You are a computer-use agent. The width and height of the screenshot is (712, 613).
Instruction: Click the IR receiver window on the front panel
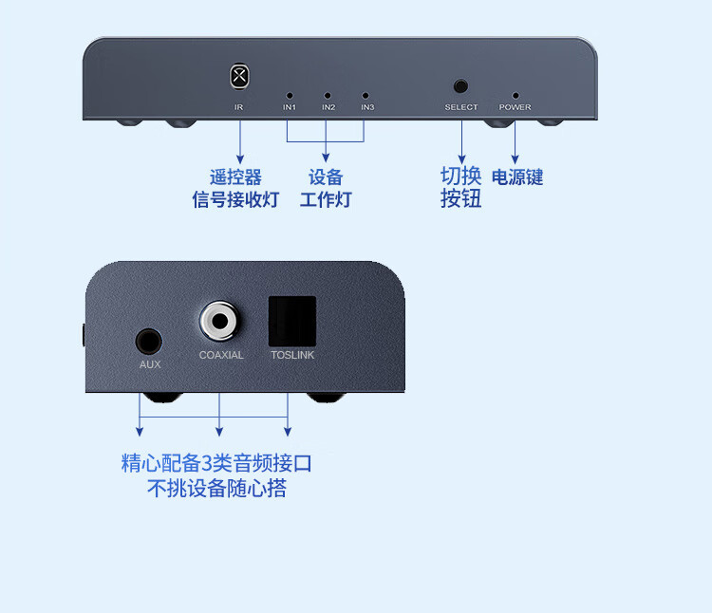click(239, 75)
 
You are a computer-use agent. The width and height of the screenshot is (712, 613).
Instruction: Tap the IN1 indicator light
click(290, 96)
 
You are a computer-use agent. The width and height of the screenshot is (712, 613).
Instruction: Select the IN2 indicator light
click(328, 96)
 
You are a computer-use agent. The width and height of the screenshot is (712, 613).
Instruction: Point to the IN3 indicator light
click(365, 96)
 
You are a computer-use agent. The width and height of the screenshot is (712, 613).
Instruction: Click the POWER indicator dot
click(515, 96)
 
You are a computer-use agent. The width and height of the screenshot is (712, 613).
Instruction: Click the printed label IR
click(239, 107)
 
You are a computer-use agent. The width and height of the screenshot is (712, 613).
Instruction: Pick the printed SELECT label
click(461, 107)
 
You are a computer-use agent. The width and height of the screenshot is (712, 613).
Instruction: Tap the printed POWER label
click(515, 107)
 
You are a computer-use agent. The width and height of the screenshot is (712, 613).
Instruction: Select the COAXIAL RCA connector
click(220, 321)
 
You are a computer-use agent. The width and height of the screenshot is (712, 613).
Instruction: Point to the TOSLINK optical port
click(290, 322)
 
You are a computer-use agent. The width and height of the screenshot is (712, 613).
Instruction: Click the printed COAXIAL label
click(221, 355)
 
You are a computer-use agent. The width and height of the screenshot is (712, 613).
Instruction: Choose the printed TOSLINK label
click(291, 355)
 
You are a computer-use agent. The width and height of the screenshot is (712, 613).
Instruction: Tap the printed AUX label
click(150, 364)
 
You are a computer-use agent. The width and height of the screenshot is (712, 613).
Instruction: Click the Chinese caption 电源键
click(517, 177)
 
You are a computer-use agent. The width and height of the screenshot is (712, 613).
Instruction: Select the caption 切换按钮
click(461, 187)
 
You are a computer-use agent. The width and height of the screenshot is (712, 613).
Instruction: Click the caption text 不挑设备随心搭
click(217, 489)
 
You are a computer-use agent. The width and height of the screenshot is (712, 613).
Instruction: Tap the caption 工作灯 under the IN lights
click(326, 199)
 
